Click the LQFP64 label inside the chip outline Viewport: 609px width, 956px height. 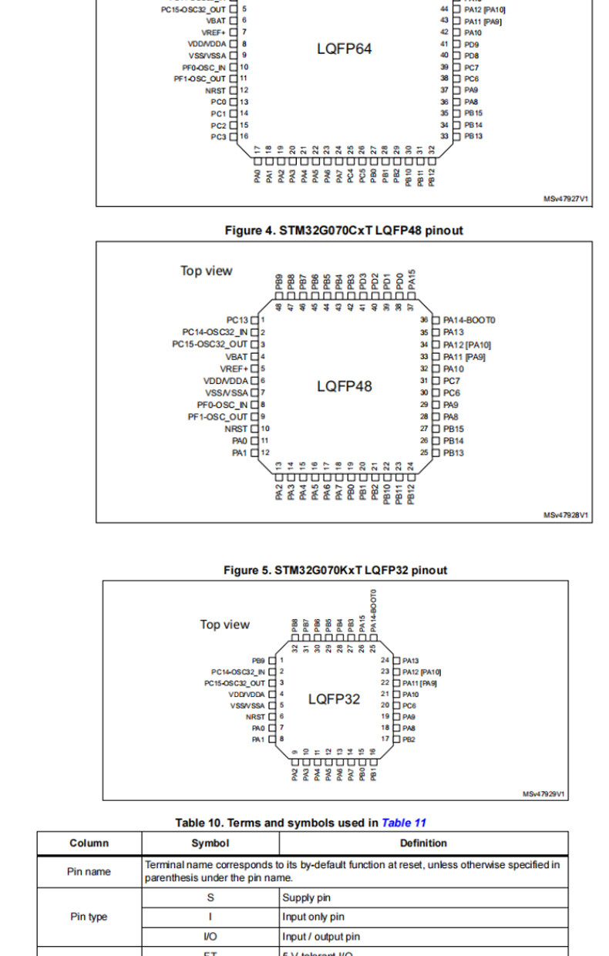344,49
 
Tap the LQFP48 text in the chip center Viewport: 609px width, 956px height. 344,386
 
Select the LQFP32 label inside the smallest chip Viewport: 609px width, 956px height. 334,699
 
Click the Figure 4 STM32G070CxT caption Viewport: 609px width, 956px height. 344,231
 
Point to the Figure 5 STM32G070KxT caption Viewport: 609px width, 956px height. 335,571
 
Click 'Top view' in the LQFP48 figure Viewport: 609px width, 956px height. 206,271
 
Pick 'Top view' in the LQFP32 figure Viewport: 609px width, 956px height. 224,624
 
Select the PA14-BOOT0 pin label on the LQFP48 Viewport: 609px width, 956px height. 469,320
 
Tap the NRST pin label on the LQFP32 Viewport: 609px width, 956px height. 255,716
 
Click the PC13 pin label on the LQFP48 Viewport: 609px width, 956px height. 237,319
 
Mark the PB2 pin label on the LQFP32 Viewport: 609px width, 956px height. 409,739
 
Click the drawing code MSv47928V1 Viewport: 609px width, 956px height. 566,515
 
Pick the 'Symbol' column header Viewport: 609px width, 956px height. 210,843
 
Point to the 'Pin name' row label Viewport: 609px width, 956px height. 89,871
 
